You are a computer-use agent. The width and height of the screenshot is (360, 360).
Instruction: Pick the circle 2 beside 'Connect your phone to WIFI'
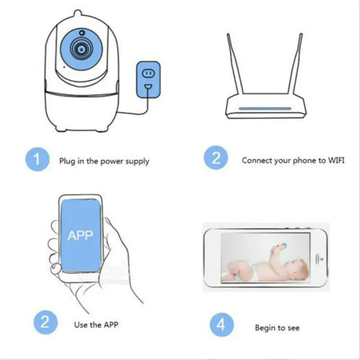coord(217,159)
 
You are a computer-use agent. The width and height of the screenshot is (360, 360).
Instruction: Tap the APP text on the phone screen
coord(80,235)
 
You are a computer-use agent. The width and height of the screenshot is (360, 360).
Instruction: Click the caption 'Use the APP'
coord(96,324)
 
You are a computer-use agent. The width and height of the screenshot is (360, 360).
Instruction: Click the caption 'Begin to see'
coord(277,328)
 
